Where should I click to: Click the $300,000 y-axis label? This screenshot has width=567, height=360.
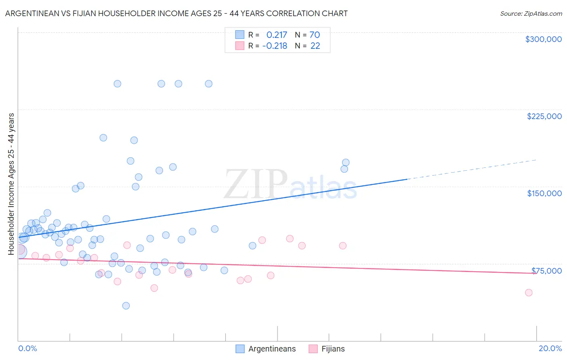tap(543, 39)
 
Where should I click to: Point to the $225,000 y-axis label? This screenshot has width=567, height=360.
tap(544, 116)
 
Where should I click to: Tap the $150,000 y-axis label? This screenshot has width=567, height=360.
tap(544, 193)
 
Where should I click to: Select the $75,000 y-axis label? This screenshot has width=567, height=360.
tap(546, 271)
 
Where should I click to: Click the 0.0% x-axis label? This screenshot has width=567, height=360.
tap(27, 348)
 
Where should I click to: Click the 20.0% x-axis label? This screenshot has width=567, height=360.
tap(550, 348)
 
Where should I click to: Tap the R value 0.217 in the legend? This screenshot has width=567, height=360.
tap(277, 35)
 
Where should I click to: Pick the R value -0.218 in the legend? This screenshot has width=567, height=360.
tap(275, 46)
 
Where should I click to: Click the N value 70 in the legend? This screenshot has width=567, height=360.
tap(315, 35)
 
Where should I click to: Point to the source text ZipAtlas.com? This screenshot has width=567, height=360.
tap(531, 13)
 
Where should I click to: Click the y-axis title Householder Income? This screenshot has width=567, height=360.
tap(11, 184)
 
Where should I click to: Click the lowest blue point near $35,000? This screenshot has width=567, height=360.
tap(126, 306)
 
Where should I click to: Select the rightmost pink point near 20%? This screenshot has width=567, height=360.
tap(529, 293)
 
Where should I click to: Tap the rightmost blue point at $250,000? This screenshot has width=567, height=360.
tap(208, 84)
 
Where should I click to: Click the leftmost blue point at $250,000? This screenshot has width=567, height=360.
tap(117, 84)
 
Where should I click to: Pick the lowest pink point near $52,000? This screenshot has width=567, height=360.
tap(154, 288)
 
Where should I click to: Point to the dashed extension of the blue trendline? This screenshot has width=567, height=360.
tap(472, 170)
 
